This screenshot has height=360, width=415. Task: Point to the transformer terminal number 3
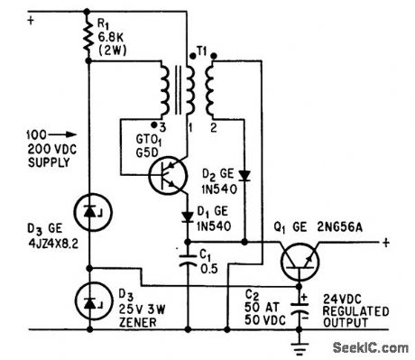[x=160, y=126]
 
